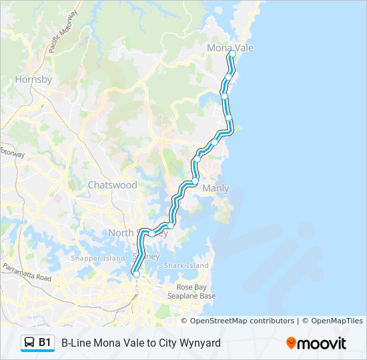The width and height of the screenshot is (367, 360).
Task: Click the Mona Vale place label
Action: (x=230, y=48)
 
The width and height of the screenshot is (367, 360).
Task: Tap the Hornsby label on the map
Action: (x=33, y=79)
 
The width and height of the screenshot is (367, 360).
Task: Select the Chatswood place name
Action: (x=112, y=185)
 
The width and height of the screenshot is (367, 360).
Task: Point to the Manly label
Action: (x=216, y=189)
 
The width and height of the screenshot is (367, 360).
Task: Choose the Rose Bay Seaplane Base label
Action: (x=192, y=291)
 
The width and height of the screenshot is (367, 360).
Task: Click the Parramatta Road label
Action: (x=27, y=273)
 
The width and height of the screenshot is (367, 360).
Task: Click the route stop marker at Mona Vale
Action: (x=232, y=55)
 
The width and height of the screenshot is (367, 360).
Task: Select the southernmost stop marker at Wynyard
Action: (x=136, y=274)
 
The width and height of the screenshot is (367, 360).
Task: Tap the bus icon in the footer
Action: (x=30, y=343)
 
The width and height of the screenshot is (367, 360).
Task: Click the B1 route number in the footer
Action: (x=45, y=343)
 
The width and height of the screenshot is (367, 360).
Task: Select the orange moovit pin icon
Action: (x=291, y=343)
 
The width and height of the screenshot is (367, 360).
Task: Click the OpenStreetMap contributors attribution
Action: (x=242, y=321)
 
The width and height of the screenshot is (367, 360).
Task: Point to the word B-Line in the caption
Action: (x=76, y=343)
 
